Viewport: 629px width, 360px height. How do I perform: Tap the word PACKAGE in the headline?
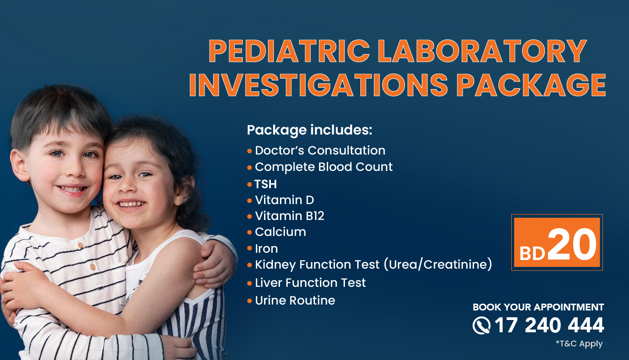pos(531,85)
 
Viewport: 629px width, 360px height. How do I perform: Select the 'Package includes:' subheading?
pos(310,130)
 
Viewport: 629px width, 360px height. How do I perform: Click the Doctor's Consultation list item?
pos(320,150)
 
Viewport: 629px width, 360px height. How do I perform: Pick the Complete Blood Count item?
pos(324,167)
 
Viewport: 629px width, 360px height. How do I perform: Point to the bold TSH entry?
pos(265,184)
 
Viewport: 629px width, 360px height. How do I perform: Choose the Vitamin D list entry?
pos(284,200)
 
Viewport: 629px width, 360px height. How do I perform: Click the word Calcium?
pos(280,232)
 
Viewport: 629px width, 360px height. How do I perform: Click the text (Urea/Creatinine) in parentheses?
pos(438,265)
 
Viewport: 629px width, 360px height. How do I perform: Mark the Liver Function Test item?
pos(310,283)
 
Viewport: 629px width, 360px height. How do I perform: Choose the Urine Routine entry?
pos(295,301)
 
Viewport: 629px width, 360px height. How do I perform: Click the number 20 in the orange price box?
pos(572,244)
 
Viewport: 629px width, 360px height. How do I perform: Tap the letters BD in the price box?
pos(532,254)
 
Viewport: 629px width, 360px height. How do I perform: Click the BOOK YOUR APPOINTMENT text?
pos(538,307)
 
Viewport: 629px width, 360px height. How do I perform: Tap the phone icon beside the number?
pos(481,325)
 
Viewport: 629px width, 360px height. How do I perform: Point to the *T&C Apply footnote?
pos(579,344)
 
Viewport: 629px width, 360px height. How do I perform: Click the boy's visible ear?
pos(20,165)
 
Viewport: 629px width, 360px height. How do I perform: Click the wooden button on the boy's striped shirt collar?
pos(80,245)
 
